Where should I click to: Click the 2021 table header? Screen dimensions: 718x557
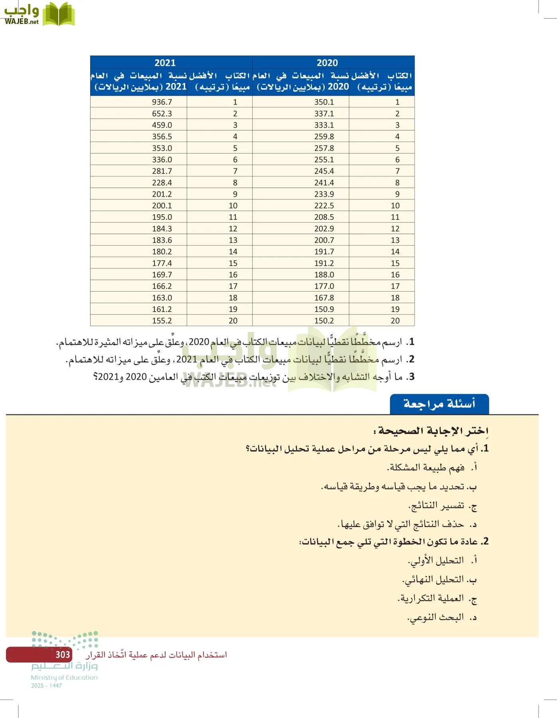coord(165,63)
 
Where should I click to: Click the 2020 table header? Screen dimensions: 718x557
coord(327,63)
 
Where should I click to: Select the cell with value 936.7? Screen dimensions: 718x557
coord(162,102)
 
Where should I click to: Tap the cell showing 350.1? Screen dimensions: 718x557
coord(324,102)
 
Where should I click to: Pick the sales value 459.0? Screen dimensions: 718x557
coord(162,125)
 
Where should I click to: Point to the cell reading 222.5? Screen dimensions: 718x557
coord(324,206)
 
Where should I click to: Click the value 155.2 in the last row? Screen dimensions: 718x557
coord(162,321)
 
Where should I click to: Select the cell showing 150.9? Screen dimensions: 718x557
coord(324,309)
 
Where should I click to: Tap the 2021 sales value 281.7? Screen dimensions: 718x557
coord(162,171)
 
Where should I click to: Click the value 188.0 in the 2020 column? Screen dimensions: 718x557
coord(324,275)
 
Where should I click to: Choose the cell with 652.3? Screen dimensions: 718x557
coord(162,114)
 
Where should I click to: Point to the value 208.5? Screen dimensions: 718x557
coord(324,217)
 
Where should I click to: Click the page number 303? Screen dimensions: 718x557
coord(63,655)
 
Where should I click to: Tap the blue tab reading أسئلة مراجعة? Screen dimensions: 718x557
coord(439,404)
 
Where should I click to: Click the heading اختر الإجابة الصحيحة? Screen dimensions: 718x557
coord(433,431)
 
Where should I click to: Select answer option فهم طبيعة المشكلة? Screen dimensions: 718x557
coord(427,467)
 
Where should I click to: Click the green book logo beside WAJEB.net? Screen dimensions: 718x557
coord(59,15)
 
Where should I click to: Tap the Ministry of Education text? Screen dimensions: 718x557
coord(64,677)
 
